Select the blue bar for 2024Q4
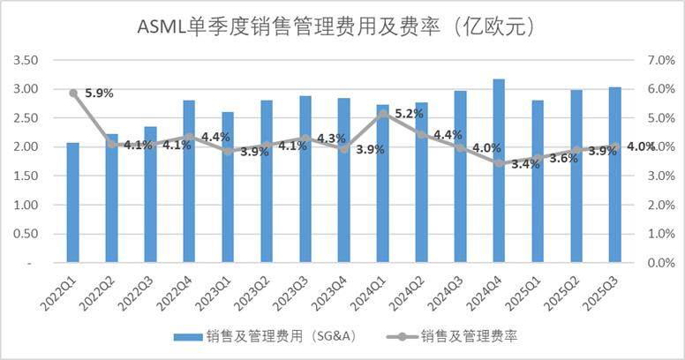click(499, 171)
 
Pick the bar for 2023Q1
click(228, 187)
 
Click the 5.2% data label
click(410, 114)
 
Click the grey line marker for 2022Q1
click(73, 93)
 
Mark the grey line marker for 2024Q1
click(382, 113)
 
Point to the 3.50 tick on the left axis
click(26, 60)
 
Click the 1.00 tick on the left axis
click(26, 205)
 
